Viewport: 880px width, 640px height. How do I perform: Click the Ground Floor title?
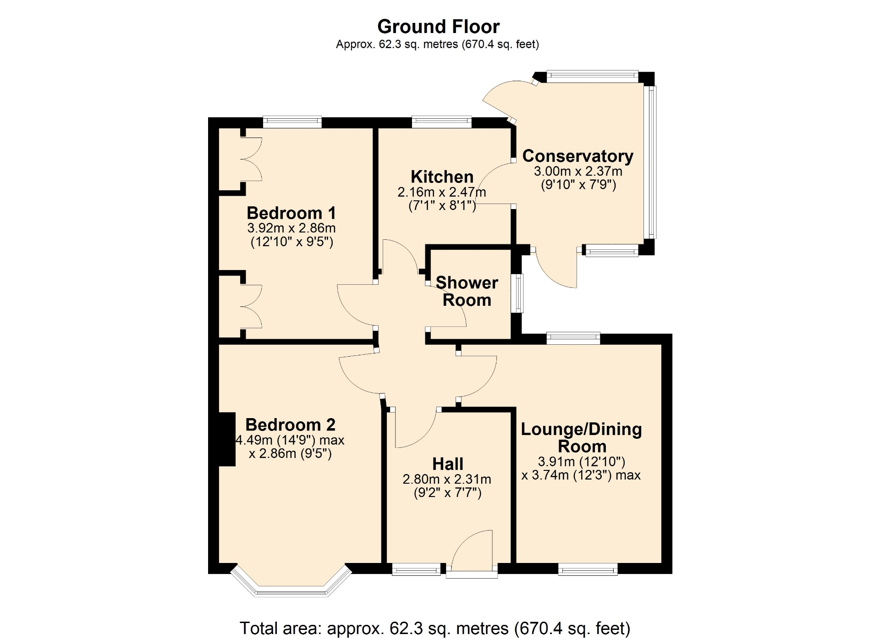pos(438,27)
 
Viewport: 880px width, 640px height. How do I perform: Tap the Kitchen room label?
pos(442,177)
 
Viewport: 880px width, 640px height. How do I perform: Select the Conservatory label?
pos(578,156)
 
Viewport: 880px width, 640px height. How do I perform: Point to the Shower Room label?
pos(467,291)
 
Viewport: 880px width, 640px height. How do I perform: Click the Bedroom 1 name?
pos(291,213)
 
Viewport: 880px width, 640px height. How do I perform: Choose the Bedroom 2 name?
pos(291,425)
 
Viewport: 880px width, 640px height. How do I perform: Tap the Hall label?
pos(448,464)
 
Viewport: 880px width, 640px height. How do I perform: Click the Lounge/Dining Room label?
pos(582,438)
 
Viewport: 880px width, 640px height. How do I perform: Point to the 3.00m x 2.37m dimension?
pos(578,171)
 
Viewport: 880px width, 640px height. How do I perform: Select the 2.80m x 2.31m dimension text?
pos(447,480)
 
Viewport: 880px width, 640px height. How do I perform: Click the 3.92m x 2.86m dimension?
pos(291,228)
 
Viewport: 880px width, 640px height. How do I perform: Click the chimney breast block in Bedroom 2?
pos(227,439)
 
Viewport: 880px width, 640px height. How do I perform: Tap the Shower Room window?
pos(517,293)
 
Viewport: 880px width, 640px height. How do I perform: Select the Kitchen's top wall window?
pos(442,122)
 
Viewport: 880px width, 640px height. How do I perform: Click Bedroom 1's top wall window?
pos(292,122)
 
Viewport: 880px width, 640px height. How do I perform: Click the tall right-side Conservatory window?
pos(650,162)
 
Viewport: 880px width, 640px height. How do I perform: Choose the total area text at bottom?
pos(435,628)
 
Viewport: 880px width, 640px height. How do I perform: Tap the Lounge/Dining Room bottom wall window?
pos(588,569)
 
